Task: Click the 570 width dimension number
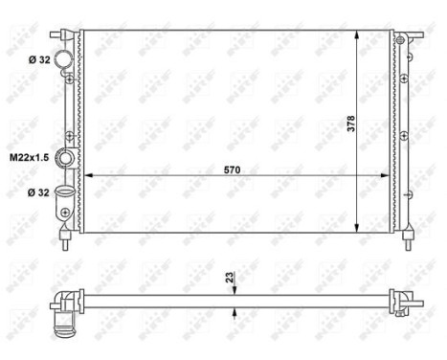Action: (232, 169)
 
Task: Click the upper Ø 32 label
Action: (38, 59)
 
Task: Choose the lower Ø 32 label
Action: (38, 192)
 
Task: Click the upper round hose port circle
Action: (64, 60)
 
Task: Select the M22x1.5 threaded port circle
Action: (66, 158)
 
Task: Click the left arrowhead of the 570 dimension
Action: (89, 176)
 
